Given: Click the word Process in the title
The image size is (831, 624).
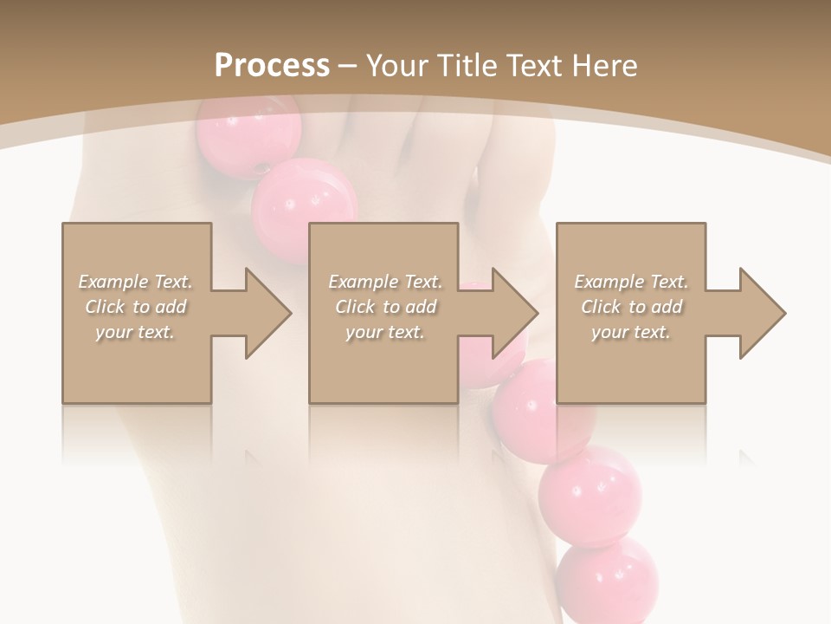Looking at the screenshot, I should (x=272, y=66).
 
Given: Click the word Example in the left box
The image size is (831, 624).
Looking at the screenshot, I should (x=113, y=282).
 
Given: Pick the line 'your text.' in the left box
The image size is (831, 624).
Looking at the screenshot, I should (x=134, y=332).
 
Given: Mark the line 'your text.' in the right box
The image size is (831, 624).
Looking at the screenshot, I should (x=631, y=332).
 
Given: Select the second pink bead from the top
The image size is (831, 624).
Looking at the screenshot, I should (x=305, y=208).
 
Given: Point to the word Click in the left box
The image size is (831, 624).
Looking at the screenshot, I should (x=104, y=307).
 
